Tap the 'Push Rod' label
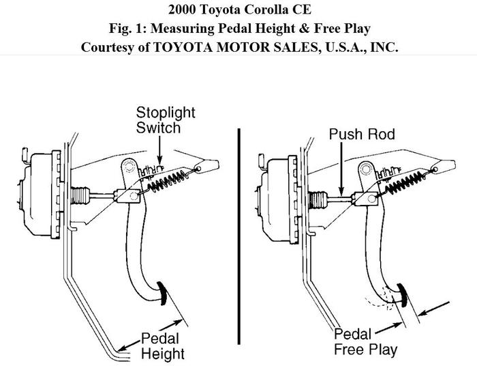tap(362, 135)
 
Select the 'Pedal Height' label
tap(163, 345)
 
